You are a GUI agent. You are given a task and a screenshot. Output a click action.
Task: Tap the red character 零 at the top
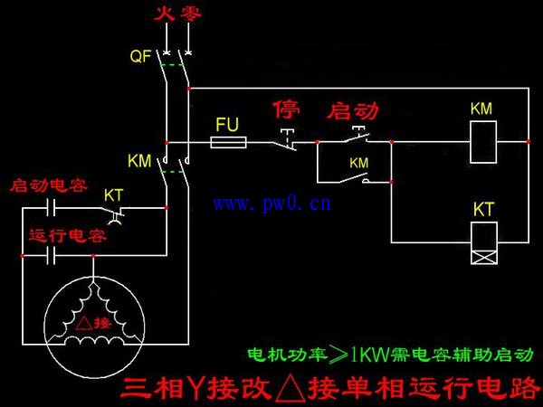pyautogui.click(x=187, y=14)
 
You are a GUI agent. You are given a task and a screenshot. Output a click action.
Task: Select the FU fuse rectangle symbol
pyautogui.click(x=228, y=142)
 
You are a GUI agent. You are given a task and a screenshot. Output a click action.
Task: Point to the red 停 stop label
pyautogui.click(x=286, y=110)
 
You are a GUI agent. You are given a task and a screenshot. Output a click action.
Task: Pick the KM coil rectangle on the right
pyautogui.click(x=481, y=142)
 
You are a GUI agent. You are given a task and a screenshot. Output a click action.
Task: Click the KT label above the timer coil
pyautogui.click(x=483, y=210)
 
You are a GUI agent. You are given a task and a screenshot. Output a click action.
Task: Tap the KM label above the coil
pyautogui.click(x=481, y=109)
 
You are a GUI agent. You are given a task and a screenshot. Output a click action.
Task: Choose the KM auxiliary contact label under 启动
pyautogui.click(x=359, y=163)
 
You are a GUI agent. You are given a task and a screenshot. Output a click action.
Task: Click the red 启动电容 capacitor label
pyautogui.click(x=48, y=186)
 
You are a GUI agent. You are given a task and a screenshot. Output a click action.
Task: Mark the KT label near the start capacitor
pyautogui.click(x=114, y=195)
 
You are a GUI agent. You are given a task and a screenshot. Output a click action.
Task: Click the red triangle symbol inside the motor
pyautogui.click(x=81, y=322)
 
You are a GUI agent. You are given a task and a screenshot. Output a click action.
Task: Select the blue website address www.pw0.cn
pyautogui.click(x=272, y=204)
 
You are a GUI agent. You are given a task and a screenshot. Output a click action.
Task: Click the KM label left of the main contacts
pyautogui.click(x=139, y=161)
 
